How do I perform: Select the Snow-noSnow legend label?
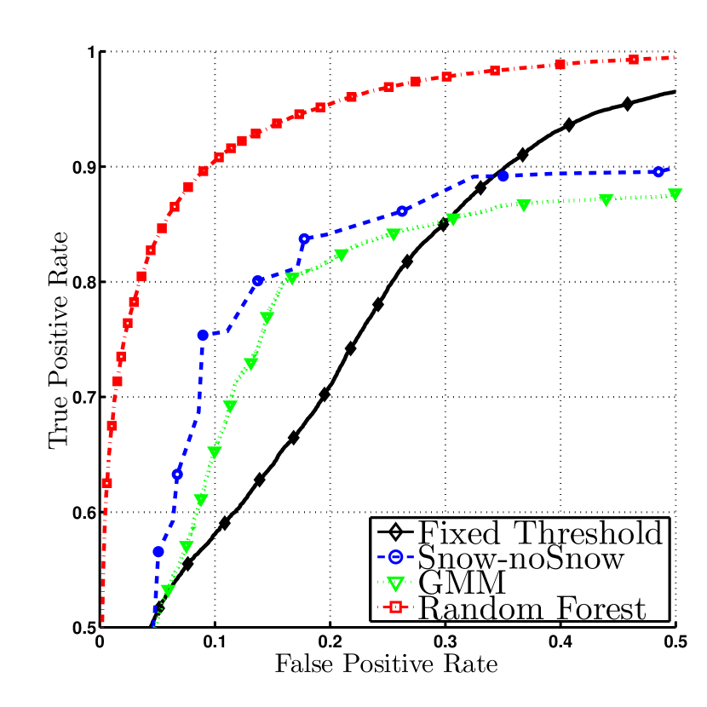521,559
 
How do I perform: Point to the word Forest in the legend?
601,609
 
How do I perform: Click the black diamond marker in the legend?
394,534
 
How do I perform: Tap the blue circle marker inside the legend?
394,559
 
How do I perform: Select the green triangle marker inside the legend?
394,584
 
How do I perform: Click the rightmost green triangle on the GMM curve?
675,195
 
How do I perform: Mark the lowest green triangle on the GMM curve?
168,590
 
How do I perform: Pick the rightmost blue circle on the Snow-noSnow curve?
658,172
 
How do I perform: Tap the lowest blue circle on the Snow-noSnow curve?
158,552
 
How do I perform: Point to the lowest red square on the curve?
106,483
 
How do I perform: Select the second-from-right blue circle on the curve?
503,175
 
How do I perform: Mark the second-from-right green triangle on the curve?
606,200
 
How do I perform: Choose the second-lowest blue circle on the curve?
177,474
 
